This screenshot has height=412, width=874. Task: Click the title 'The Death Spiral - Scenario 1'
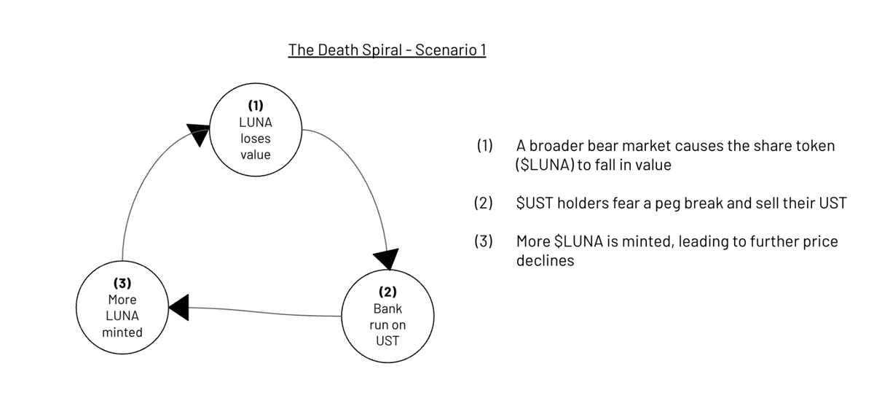(x=387, y=50)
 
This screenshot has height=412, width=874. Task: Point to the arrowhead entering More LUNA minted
(x=178, y=308)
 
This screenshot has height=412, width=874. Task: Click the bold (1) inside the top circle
(x=256, y=105)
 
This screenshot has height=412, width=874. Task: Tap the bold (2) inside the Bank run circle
(x=387, y=292)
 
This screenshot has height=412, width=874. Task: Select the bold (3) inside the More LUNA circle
(x=122, y=283)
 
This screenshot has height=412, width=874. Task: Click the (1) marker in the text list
(x=484, y=146)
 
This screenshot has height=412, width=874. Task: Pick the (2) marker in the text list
(x=484, y=203)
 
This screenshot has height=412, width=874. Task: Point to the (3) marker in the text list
(x=484, y=241)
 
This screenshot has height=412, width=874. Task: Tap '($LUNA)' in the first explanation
(x=545, y=165)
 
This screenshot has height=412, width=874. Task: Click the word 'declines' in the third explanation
(x=545, y=260)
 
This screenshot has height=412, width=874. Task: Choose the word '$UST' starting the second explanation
(x=535, y=203)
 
